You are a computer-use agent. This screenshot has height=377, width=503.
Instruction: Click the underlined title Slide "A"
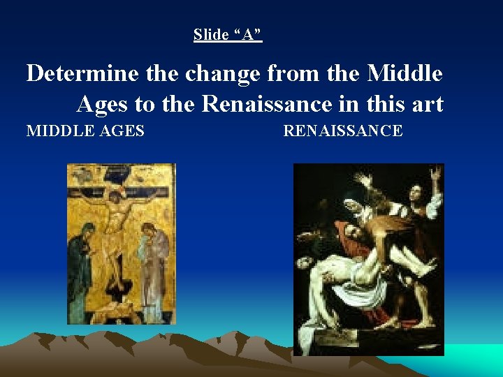pyautogui.click(x=228, y=34)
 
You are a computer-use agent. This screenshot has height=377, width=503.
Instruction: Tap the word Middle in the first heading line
pyautogui.click(x=404, y=73)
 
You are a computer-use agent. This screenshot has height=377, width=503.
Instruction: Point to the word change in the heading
pyautogui.click(x=219, y=73)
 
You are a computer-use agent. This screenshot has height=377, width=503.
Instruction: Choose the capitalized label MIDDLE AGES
pyautogui.click(x=85, y=131)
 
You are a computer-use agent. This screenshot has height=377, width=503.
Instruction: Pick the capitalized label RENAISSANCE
pyautogui.click(x=343, y=131)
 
